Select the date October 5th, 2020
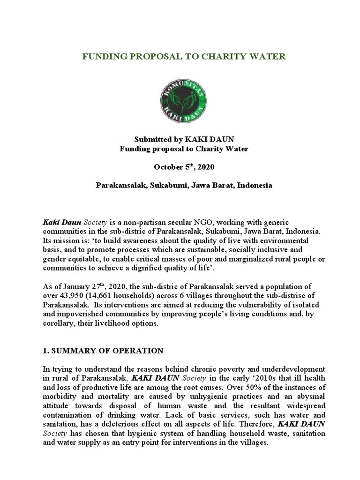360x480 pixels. pyautogui.click(x=180, y=167)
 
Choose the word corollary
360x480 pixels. pyautogui.click(x=60, y=324)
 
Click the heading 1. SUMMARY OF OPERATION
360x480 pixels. pyautogui.click(x=103, y=351)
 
